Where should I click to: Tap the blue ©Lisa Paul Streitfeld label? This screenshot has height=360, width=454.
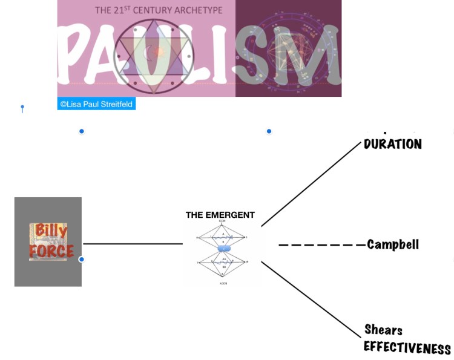[97, 104]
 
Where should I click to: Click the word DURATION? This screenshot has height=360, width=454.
[393, 145]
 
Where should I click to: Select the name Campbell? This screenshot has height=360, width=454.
[393, 244]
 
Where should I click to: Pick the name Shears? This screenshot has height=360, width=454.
[383, 330]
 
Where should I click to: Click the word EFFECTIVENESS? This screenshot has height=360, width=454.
[407, 348]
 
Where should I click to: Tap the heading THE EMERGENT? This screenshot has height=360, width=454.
[220, 215]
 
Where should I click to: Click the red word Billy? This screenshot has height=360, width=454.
[51, 231]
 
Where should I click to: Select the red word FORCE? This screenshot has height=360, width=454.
[51, 250]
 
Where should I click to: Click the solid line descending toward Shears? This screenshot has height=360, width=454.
[311, 299]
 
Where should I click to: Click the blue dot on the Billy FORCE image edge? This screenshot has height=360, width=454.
[82, 260]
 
